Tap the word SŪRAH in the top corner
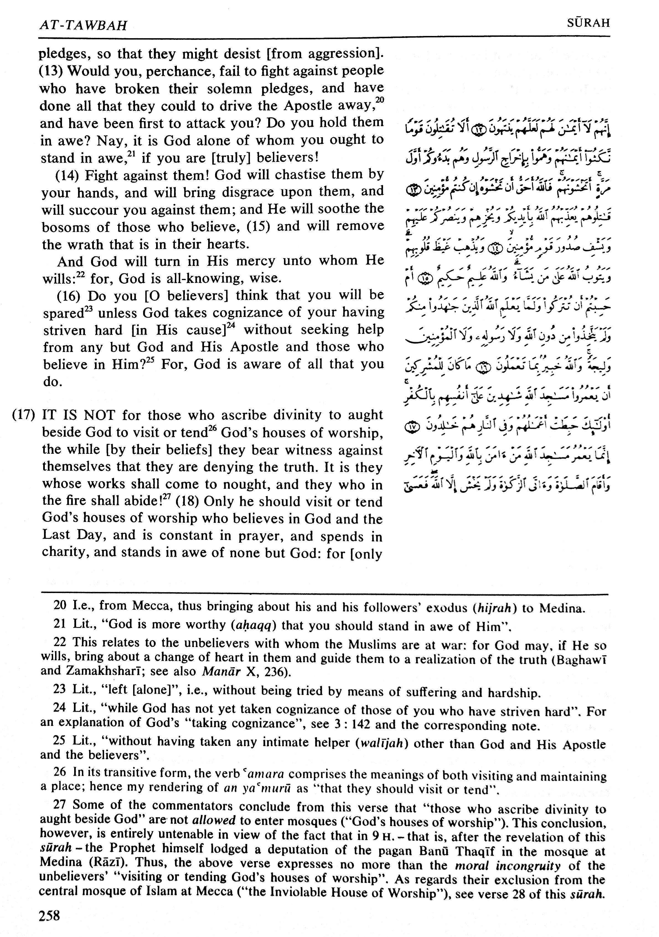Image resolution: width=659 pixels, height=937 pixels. [588, 23]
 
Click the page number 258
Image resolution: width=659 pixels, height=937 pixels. [49, 915]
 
